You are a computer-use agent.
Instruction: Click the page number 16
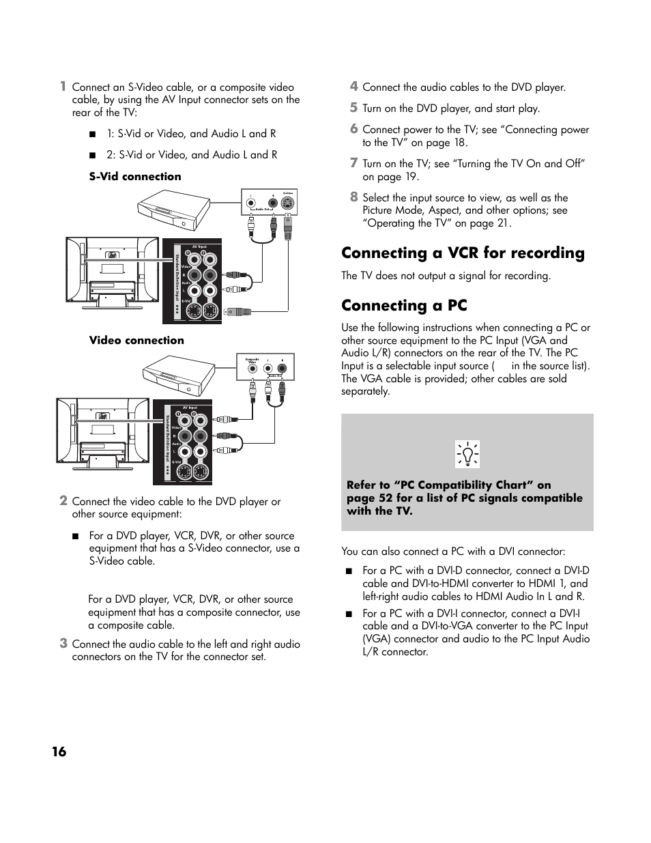59,752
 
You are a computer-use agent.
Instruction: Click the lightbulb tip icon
467,454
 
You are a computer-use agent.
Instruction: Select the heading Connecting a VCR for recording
463,253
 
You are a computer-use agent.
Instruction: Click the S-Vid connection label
135,177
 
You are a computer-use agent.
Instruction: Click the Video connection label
136,341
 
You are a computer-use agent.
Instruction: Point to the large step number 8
353,197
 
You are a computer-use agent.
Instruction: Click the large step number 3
63,643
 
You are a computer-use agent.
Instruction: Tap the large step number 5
353,107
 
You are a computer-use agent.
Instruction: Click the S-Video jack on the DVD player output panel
289,203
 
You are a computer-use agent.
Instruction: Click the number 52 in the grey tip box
386,498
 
